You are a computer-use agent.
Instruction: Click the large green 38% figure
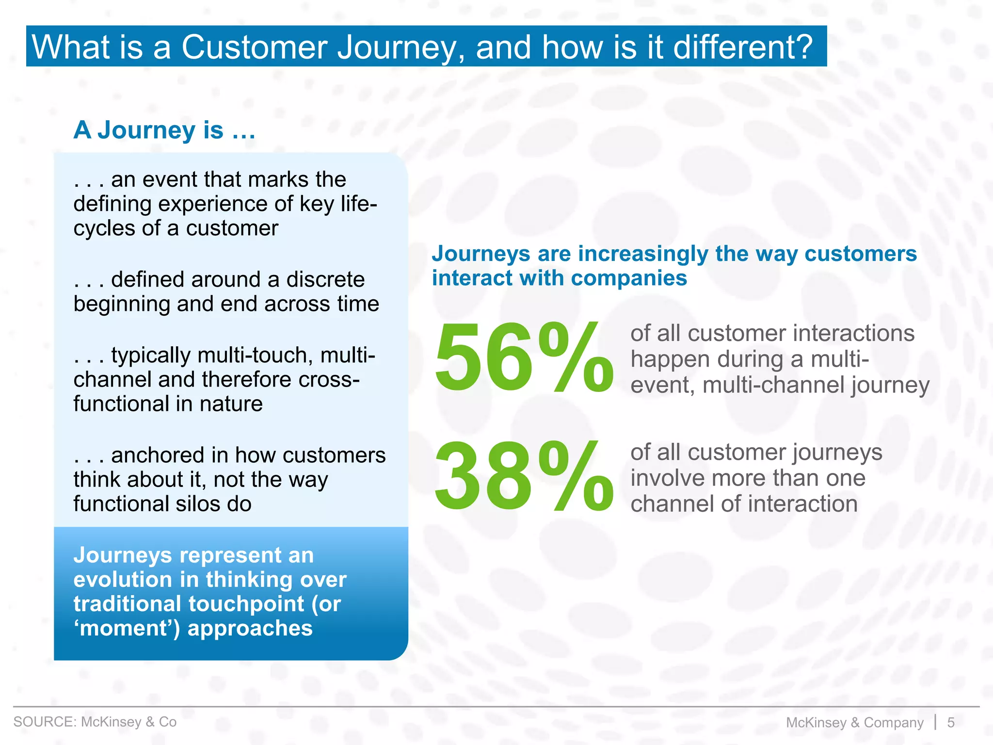pyautogui.click(x=524, y=476)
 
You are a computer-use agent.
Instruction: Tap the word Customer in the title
pyautogui.click(x=255, y=47)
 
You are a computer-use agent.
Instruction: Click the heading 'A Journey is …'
pyautogui.click(x=164, y=130)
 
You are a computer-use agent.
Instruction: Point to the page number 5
pyautogui.click(x=951, y=722)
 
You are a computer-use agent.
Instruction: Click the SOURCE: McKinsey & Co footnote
pyautogui.click(x=95, y=722)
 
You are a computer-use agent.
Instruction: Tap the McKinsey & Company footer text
pyautogui.click(x=854, y=722)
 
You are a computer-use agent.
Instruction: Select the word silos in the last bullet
pyautogui.click(x=199, y=504)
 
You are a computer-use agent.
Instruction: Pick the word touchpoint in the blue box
pyautogui.click(x=246, y=604)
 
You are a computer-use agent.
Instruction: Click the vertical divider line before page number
pyautogui.click(x=935, y=722)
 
